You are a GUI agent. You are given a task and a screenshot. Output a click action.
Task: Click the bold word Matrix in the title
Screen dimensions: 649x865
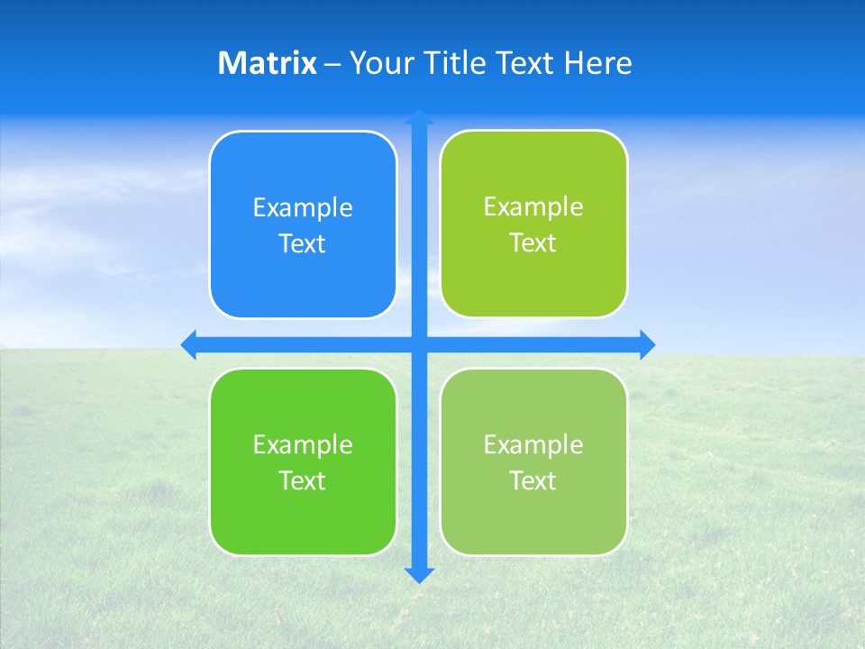(x=267, y=63)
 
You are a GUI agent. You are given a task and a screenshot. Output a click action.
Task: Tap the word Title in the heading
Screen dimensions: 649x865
(x=451, y=63)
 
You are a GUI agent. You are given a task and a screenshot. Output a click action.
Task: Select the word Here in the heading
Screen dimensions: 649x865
(x=597, y=63)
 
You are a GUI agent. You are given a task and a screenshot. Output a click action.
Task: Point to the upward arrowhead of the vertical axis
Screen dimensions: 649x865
(x=419, y=116)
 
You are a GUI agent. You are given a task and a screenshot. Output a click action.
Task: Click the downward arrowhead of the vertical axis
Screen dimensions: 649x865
(x=419, y=574)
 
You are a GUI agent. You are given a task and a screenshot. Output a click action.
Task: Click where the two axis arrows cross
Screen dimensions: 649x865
(x=419, y=344)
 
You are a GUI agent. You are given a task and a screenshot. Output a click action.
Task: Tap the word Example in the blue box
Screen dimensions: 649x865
(x=303, y=208)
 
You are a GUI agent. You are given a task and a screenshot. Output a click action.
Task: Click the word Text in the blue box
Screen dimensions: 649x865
(x=303, y=244)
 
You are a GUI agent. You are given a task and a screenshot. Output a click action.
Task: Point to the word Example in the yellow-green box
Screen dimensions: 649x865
(x=533, y=207)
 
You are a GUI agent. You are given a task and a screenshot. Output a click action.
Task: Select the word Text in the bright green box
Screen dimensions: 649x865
(x=303, y=481)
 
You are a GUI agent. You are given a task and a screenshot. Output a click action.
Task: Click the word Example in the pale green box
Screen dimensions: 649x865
(x=533, y=444)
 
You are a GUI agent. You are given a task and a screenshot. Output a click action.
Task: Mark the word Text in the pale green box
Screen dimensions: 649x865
(x=533, y=481)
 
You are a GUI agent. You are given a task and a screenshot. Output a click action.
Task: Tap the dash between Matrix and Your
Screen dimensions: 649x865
(x=332, y=64)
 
